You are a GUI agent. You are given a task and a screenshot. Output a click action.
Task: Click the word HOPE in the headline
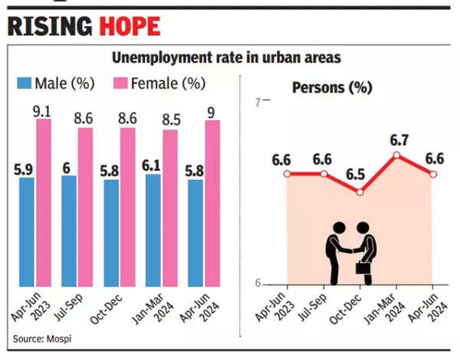click(x=130, y=26)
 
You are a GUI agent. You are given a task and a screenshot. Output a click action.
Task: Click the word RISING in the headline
click(x=51, y=26)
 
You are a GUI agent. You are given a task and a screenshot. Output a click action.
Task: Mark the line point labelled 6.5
click(x=360, y=191)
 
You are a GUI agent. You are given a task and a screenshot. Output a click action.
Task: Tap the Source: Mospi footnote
click(x=40, y=338)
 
